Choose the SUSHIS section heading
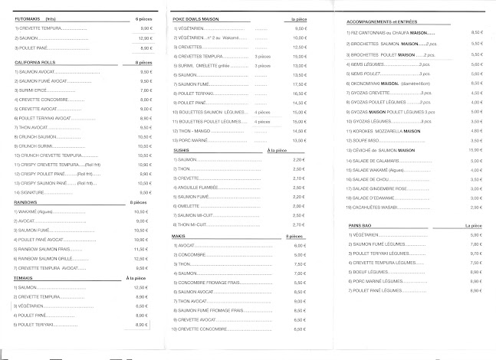182,150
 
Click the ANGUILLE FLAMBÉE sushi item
202,186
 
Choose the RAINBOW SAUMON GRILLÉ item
54,259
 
